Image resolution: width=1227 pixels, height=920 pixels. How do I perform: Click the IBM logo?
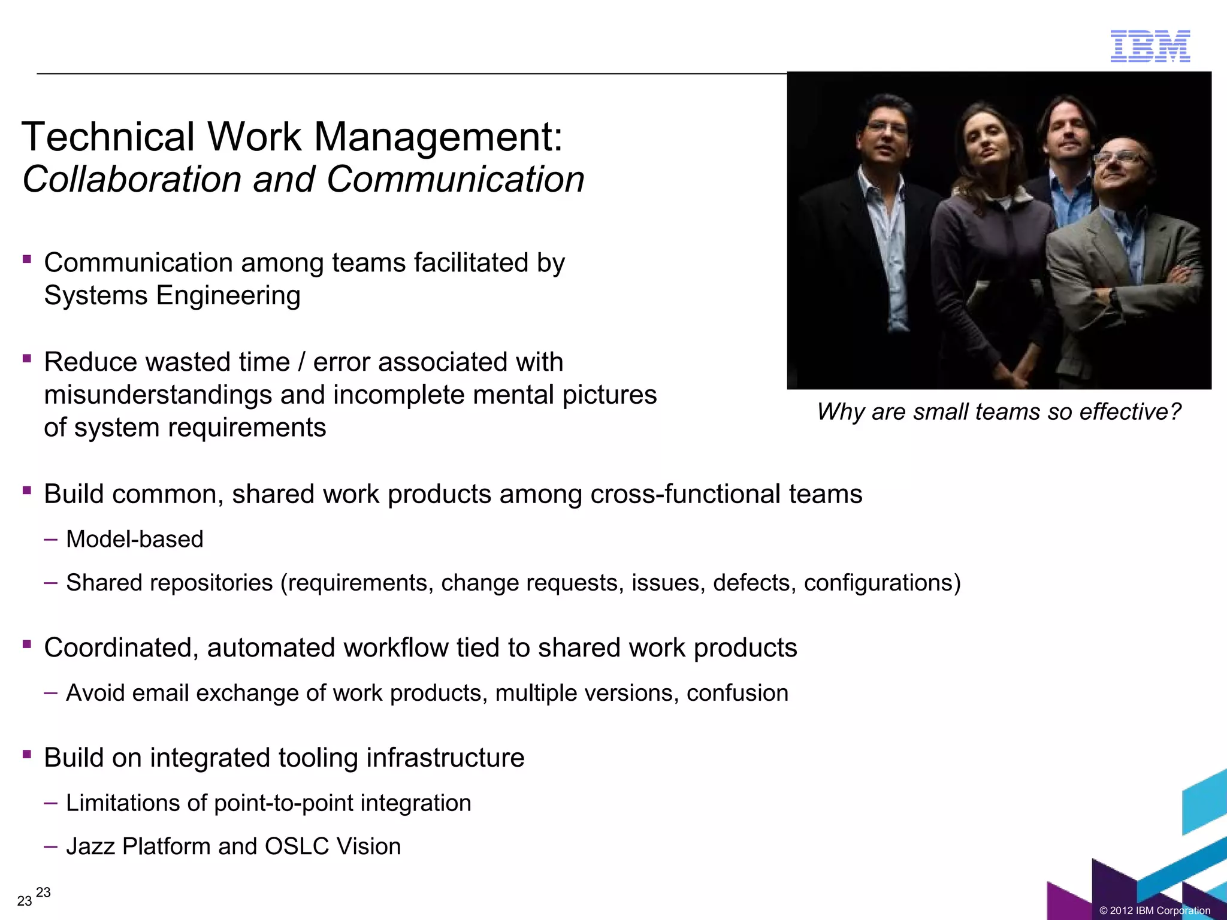[x=1150, y=46]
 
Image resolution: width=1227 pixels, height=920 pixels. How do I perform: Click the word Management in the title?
[x=438, y=137]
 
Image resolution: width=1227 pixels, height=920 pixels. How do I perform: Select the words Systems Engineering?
[x=172, y=295]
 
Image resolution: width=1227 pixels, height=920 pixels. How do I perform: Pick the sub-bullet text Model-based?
[x=135, y=539]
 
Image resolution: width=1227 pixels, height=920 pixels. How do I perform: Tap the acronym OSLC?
[x=297, y=846]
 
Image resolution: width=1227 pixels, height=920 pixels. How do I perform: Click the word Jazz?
[x=90, y=846]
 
